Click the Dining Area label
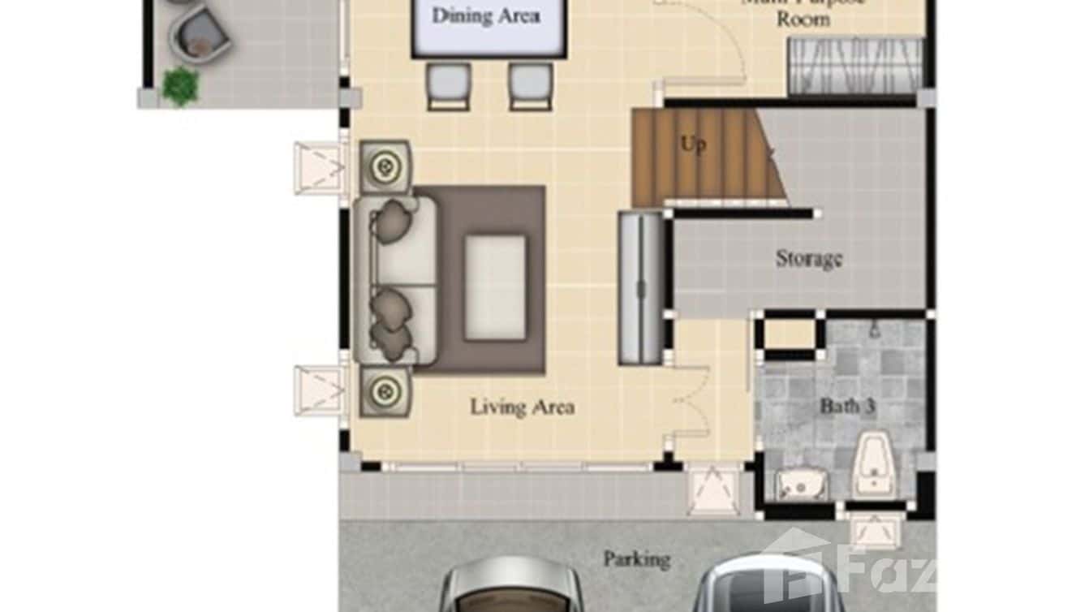coord(485,16)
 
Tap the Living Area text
coord(523,407)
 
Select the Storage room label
coord(808,259)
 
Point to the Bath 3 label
coord(846,406)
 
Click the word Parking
coord(637,559)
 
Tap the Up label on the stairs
coord(692,145)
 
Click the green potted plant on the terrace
coord(180,85)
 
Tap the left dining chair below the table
coord(448,85)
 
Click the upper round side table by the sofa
coord(385,166)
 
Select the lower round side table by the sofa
coord(385,391)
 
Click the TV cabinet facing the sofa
coord(641,287)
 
